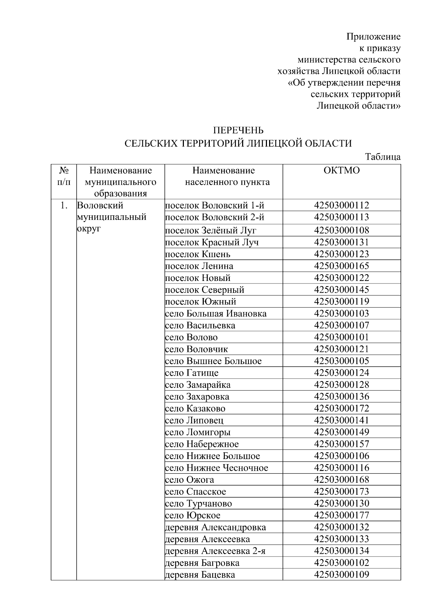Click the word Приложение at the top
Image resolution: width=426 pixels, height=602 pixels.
[x=373, y=37]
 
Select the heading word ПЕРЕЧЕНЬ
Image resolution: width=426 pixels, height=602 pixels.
[x=238, y=130]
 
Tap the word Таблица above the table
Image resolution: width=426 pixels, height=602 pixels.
[x=383, y=157]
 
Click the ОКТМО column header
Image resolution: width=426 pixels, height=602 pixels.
[x=342, y=171]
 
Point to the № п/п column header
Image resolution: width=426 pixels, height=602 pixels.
[x=64, y=176]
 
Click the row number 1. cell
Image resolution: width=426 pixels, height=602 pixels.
[x=64, y=205]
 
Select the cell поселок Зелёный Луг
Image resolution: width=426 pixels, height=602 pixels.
[x=211, y=231]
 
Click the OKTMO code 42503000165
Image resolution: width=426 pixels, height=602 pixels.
[x=342, y=266]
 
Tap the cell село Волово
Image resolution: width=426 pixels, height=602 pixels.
[x=191, y=337]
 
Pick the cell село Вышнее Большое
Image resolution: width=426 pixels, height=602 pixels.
[x=213, y=361]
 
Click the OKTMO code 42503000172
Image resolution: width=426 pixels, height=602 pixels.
[x=342, y=408]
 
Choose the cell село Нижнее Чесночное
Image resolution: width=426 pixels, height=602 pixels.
[x=217, y=468]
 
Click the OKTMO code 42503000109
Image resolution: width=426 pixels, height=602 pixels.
[x=342, y=575]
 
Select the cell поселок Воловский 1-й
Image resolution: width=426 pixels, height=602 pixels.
[x=215, y=205]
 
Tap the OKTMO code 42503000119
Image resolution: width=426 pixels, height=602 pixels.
[x=342, y=302]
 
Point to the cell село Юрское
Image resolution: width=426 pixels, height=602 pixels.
[x=193, y=515]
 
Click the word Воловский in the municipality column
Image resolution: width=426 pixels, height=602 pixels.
[x=100, y=205]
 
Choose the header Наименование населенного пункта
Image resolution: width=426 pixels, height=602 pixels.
[x=224, y=176]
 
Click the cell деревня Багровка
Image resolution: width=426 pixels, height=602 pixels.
[x=202, y=563]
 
